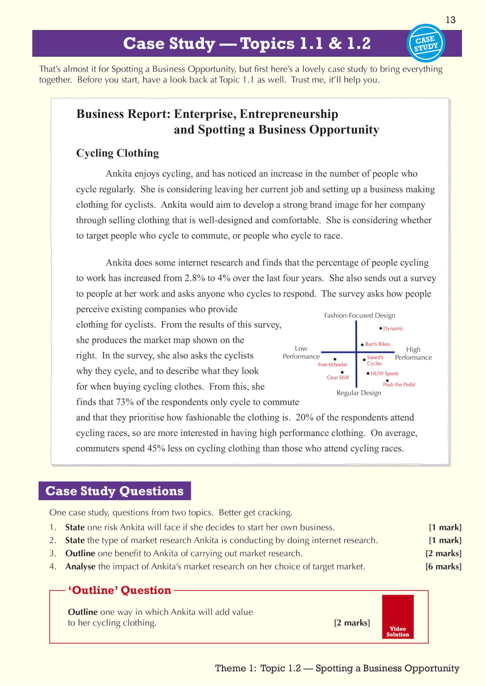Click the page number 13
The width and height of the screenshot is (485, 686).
pos(450,20)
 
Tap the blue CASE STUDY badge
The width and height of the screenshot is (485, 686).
pos(426,43)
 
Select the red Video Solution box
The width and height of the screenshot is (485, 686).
pos(397,616)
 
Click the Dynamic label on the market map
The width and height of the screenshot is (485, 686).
pos(393,328)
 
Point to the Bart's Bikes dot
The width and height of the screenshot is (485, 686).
pos(362,345)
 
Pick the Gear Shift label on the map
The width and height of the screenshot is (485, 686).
pos(338,377)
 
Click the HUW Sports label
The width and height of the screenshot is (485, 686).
pos(384,373)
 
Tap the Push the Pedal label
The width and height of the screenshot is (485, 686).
pos(399,385)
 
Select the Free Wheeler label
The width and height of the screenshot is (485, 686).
pos(333,364)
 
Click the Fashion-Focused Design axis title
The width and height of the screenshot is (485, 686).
pos(360,315)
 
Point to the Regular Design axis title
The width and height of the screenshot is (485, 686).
pos(359,393)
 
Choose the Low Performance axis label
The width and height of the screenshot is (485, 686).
pos(301,352)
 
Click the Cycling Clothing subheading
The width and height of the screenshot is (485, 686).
pos(117,153)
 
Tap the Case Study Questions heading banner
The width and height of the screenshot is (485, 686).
pos(114,491)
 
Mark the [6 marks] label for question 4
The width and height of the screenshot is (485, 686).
pos(443,566)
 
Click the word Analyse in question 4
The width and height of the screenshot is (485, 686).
pos(80,566)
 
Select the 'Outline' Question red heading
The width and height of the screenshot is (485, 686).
pos(120,590)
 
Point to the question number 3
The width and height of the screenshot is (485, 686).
pos(53,553)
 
